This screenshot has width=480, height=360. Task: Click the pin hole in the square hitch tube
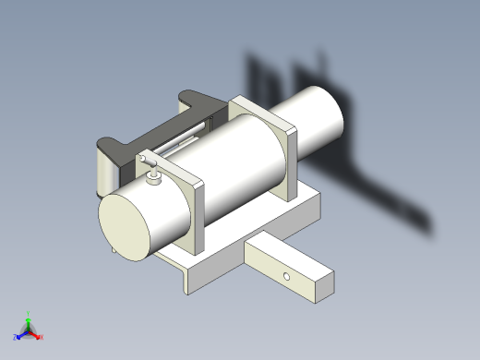287,276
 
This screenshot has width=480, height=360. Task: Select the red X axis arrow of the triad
37,335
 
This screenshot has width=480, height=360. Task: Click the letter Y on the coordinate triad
29,313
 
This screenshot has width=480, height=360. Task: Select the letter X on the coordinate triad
42,337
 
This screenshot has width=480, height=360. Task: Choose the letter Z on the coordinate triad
16,337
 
